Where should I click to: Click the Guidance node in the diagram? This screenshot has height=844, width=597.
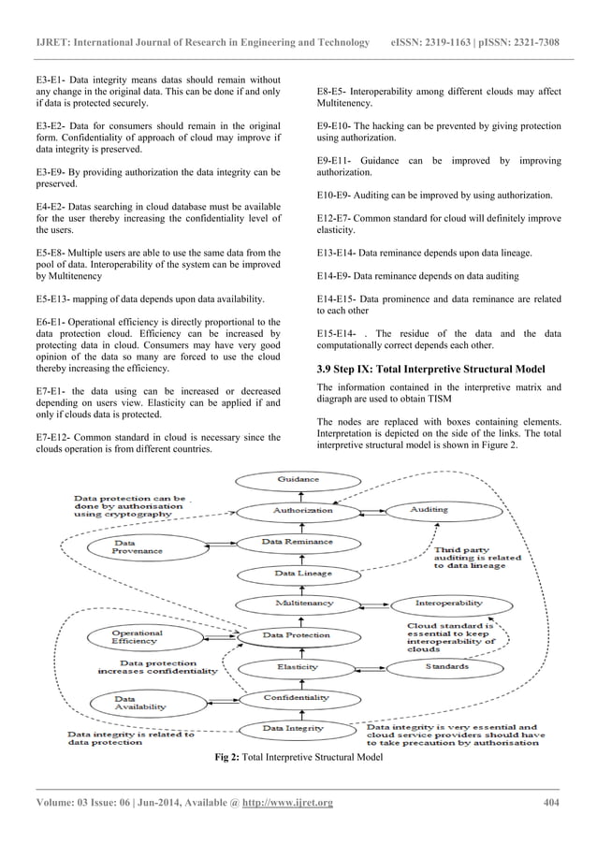(x=298, y=479)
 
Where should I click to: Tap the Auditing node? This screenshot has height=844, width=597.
(x=430, y=510)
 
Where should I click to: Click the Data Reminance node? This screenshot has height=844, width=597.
(x=298, y=542)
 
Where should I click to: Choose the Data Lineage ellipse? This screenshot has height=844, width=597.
(x=298, y=573)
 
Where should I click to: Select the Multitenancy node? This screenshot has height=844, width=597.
(x=298, y=604)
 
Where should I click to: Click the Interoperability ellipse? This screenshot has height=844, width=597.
(x=448, y=604)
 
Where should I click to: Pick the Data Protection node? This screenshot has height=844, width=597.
(x=297, y=635)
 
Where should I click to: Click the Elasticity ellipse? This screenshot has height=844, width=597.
(x=298, y=667)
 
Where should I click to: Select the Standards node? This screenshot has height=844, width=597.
(x=447, y=667)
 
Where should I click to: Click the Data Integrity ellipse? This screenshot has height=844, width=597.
(x=298, y=728)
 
